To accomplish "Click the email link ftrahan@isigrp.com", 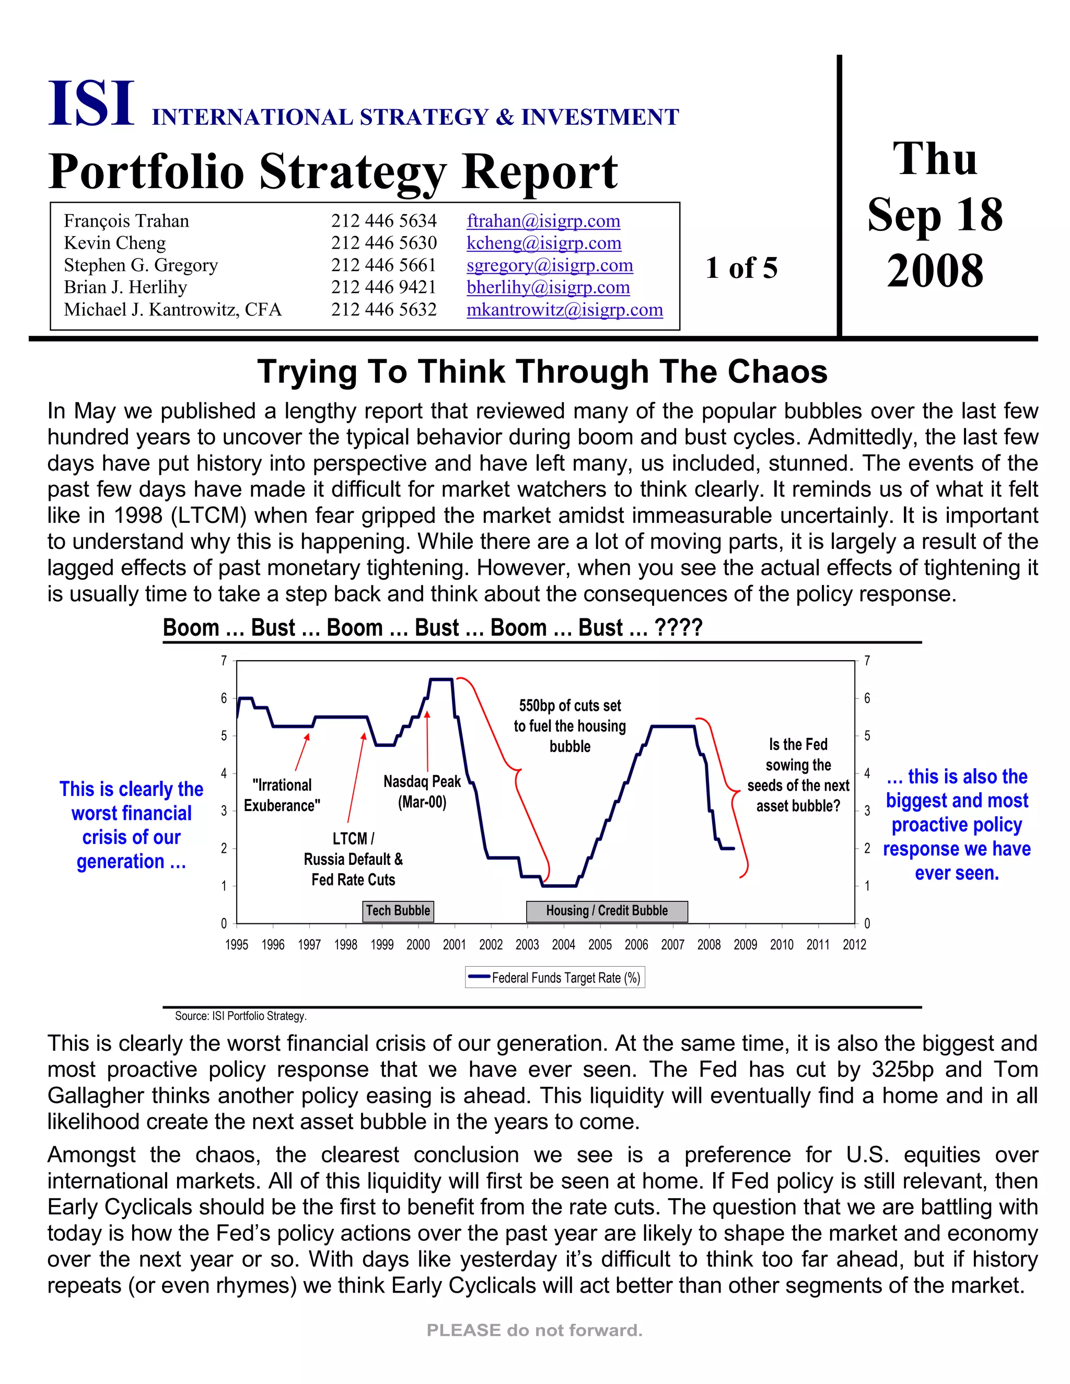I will pos(543,220).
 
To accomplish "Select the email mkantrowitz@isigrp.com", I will pos(564,309).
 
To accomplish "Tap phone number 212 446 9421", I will pos(383,287).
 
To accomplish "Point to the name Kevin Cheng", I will pos(115,243).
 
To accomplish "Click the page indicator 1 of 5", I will pos(741,268).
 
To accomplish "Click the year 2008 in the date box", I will pos(935,271).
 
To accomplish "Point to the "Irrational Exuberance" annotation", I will pos(282,795).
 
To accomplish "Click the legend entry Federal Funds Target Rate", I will pos(555,977).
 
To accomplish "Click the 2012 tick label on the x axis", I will pos(854,945).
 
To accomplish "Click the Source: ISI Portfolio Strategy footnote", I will pos(241,1016).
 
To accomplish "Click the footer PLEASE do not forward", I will pos(534,1330).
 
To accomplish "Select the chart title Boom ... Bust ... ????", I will pos(432,627).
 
